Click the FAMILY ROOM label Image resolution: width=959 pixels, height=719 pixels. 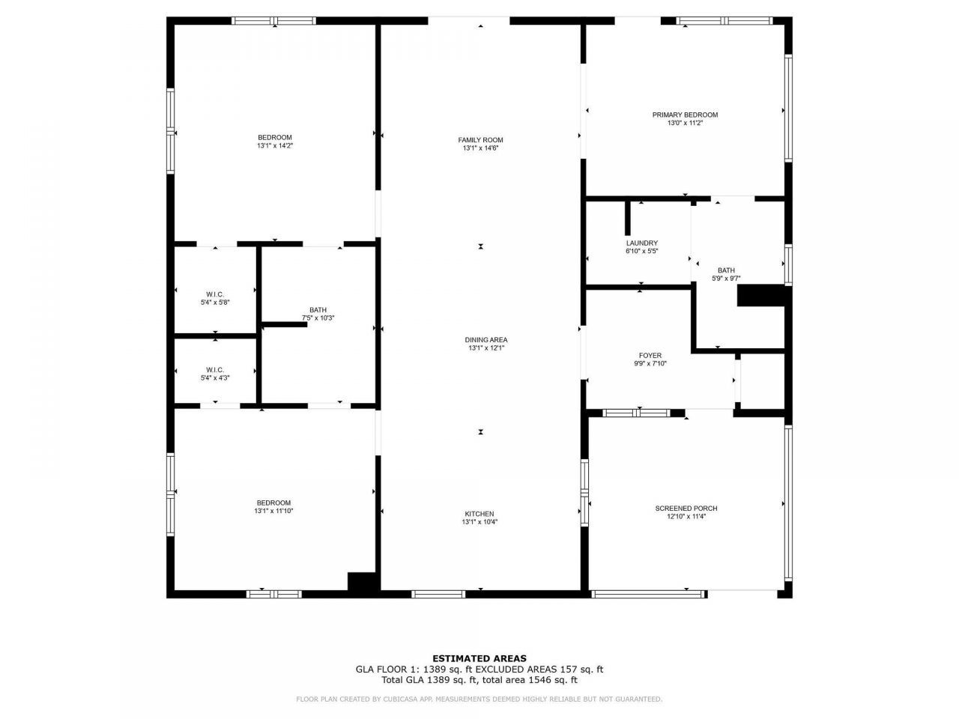(480, 140)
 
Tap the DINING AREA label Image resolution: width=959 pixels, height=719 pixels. (486, 340)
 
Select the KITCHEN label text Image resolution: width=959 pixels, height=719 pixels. (479, 514)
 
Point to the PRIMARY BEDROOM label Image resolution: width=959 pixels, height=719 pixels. (685, 115)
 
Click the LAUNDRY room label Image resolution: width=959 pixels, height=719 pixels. (641, 243)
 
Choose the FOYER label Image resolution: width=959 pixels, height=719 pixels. (650, 356)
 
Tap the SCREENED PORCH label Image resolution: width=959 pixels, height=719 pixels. (686, 509)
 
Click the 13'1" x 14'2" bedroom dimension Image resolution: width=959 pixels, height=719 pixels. (274, 146)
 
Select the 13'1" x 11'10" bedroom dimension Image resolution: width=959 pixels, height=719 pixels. (273, 512)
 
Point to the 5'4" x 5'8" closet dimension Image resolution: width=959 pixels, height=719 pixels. (215, 303)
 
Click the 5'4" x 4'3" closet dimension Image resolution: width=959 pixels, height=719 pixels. (215, 378)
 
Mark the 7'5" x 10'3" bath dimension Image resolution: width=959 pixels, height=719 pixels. (318, 318)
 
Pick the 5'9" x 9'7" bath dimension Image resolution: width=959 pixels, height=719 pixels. (726, 279)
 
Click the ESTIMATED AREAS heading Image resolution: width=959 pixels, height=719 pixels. (479, 659)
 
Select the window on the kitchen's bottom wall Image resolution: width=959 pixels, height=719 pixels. (438, 594)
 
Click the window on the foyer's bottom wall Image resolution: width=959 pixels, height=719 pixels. (637, 412)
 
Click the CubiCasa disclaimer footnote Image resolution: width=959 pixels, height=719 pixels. (479, 700)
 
